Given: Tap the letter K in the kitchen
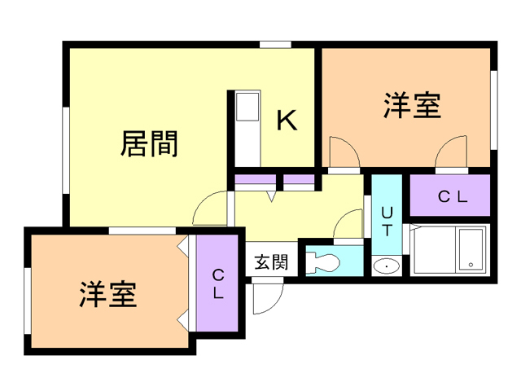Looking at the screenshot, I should (x=286, y=120).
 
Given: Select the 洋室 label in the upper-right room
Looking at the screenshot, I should (x=412, y=106).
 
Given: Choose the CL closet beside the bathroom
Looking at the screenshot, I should (x=451, y=196).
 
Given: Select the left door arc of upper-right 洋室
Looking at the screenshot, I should (x=343, y=152).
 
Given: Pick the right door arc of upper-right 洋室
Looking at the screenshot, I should (x=450, y=152).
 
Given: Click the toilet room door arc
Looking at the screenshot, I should (x=348, y=223).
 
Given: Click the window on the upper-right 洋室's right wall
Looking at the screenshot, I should (x=493, y=110).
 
